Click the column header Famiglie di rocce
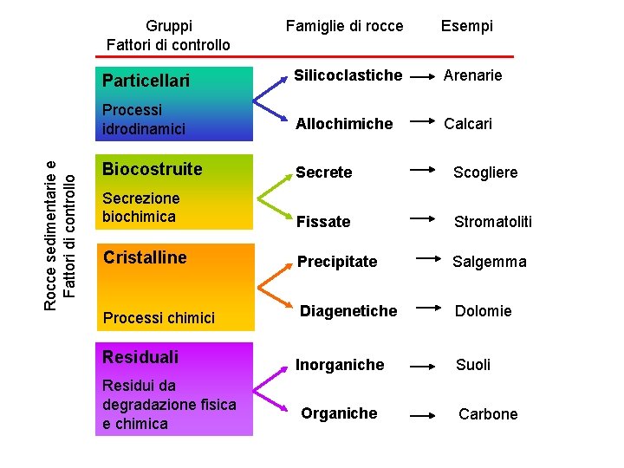344,26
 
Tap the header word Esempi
466,26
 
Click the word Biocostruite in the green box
152,169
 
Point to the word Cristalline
145,257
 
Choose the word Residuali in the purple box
140,356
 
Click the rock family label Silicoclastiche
348,75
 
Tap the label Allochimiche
344,124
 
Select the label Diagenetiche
348,310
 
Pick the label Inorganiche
340,365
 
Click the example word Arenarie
473,75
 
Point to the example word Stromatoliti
493,222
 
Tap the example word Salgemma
489,262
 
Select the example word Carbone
488,414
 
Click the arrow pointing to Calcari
421,124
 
